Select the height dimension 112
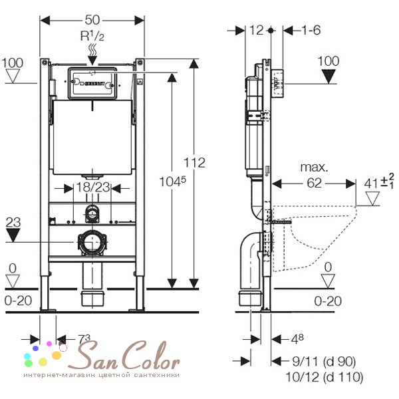tap(195, 162)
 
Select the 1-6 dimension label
tap(311, 30)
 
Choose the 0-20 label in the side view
tap(328, 301)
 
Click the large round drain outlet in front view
tap(92, 242)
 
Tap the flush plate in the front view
tap(92, 83)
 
